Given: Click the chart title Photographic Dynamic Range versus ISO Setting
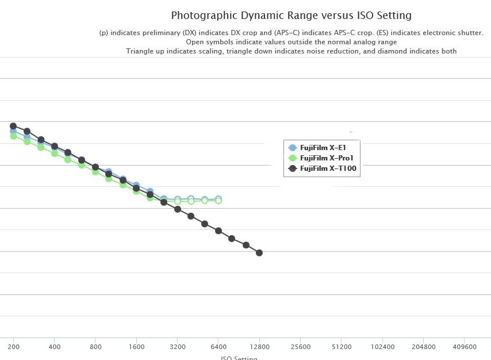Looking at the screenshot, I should point(291,15).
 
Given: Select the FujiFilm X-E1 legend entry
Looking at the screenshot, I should point(323,148).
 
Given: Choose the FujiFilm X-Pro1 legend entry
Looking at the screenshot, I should point(325,158).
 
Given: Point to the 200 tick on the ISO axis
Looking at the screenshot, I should point(13,347).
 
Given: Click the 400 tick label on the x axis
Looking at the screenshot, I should point(55,347).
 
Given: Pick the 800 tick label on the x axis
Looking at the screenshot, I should point(95,347).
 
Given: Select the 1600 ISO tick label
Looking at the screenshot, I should point(136,347).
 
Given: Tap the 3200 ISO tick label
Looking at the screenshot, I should point(178,347).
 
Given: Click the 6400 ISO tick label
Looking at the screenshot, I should point(218,347).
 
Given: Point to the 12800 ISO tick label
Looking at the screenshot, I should point(259,347).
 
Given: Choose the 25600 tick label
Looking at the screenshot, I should point(301,347).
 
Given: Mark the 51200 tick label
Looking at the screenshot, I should point(342,347).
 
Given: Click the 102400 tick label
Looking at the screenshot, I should point(382,347).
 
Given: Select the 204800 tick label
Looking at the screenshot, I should point(424,347).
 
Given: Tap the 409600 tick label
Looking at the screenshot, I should point(465,347).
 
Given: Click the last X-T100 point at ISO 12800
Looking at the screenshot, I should point(259,252).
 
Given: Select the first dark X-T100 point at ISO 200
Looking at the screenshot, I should point(13,126).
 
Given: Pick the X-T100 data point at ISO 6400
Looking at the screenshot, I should point(218,231).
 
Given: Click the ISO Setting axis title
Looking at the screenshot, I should point(239,357).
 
